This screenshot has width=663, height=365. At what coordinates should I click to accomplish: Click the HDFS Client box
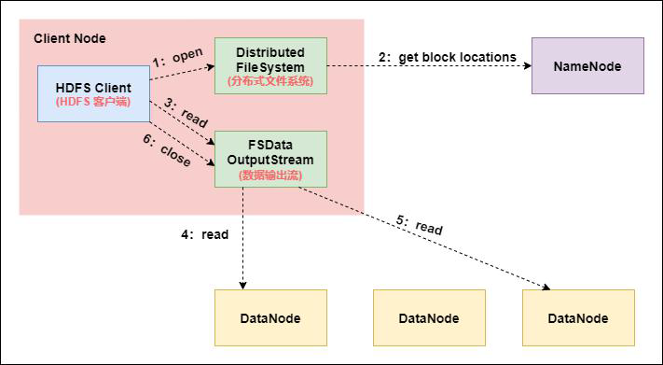click(x=93, y=93)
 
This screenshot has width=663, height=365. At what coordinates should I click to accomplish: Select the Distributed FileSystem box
click(x=270, y=65)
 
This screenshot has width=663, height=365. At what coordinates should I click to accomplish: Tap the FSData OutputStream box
click(x=270, y=159)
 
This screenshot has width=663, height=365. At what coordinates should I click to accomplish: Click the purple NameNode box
click(x=587, y=66)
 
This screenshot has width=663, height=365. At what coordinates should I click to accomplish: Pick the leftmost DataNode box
click(x=270, y=317)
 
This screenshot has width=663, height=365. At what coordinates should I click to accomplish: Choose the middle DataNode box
click(x=429, y=317)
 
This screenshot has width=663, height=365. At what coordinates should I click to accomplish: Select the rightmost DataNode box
click(x=578, y=317)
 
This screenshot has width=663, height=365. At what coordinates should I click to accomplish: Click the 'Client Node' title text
click(x=70, y=38)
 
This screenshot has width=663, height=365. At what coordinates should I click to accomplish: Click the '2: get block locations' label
click(x=448, y=57)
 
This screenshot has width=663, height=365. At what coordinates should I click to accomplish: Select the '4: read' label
click(x=205, y=234)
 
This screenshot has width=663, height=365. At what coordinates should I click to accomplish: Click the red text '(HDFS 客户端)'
click(x=93, y=101)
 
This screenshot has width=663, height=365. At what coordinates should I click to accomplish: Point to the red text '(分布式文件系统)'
click(x=270, y=81)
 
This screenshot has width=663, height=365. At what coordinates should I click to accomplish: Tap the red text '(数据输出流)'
click(x=270, y=175)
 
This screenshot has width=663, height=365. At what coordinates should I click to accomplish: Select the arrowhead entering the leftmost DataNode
click(x=243, y=285)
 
